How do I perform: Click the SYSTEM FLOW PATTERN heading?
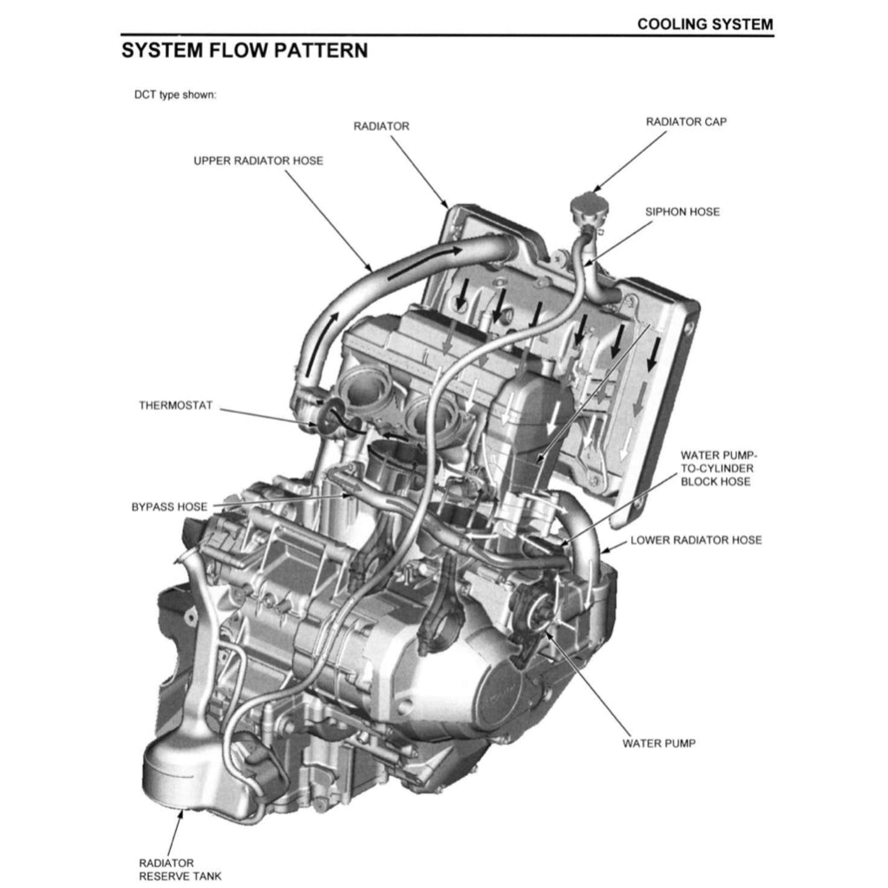(245, 50)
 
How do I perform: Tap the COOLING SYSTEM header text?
(704, 24)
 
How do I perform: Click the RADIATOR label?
(381, 127)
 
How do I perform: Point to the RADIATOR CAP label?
(686, 122)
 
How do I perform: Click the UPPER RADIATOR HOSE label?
(258, 160)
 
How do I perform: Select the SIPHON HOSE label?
(682, 212)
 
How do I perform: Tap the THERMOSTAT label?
(175, 405)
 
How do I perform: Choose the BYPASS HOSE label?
(169, 506)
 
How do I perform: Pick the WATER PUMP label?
(658, 743)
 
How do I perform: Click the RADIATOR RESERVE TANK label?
(180, 869)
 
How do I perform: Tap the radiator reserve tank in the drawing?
(186, 772)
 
